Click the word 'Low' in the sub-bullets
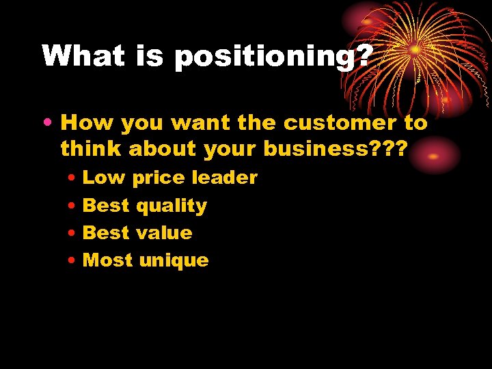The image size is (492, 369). pos(104,178)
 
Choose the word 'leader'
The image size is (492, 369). pos(225,178)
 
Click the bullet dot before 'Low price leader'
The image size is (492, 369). pos(72,178)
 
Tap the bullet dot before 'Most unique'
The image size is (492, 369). pos(72,260)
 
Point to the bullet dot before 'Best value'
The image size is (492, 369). pos(72,233)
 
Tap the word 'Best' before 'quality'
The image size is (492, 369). pos(106,205)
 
